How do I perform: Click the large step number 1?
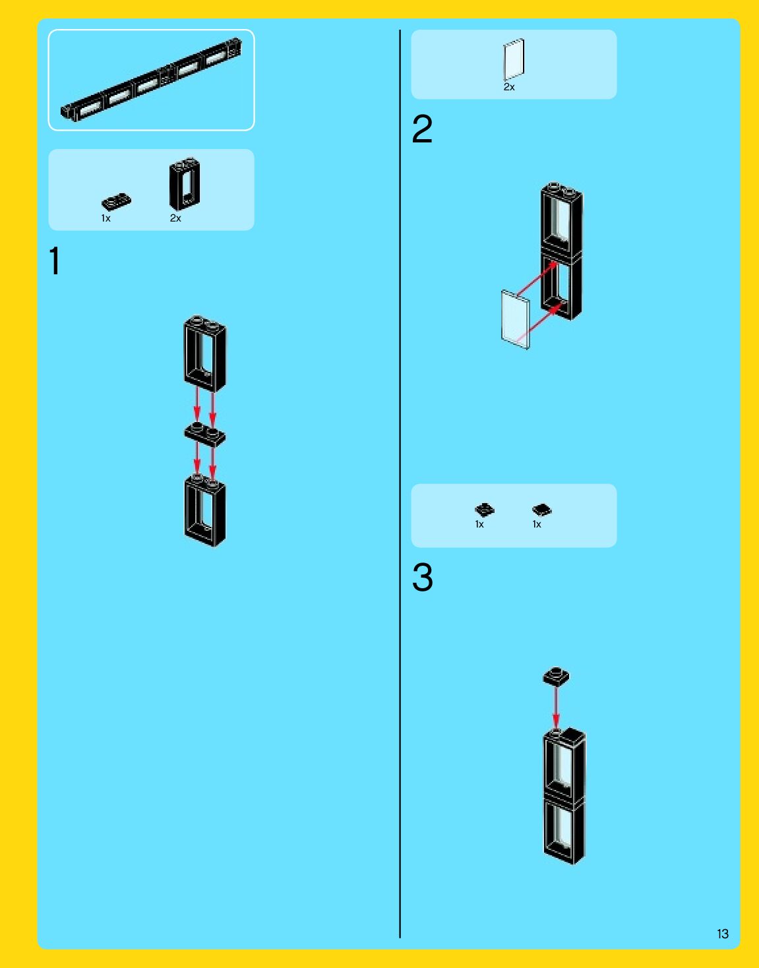tap(55, 261)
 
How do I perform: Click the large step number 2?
tap(422, 129)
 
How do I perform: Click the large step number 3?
tap(422, 578)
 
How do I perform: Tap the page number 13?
tap(722, 934)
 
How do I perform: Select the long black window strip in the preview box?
tap(151, 80)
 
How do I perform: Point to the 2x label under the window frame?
tap(175, 218)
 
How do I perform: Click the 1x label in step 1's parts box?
tap(106, 218)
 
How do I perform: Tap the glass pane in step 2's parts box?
tap(514, 59)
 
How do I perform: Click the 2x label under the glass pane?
tap(509, 87)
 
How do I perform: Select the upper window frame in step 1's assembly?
tap(205, 353)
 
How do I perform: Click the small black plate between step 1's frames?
tap(204, 434)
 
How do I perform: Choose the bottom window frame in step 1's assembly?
tap(205, 510)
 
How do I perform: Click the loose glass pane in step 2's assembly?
tap(515, 319)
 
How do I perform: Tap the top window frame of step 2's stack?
tap(562, 219)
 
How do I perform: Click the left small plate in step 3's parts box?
tap(484, 510)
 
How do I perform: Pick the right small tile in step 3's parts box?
tap(541, 510)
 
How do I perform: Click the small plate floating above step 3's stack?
tap(556, 677)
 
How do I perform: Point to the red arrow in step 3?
tap(556, 709)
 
